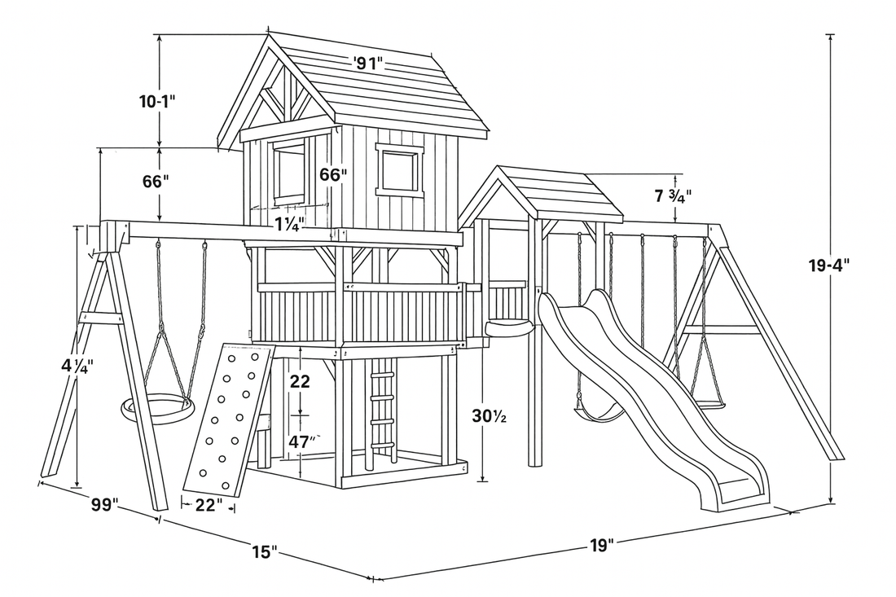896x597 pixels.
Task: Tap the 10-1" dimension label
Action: point(156,102)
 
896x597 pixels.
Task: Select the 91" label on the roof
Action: point(368,62)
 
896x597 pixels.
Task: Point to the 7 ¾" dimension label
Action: point(673,196)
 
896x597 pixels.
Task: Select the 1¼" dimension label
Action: point(290,223)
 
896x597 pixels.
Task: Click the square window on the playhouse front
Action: point(399,170)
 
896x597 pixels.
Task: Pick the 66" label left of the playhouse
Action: point(154,182)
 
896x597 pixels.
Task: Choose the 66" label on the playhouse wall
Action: point(333,174)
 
